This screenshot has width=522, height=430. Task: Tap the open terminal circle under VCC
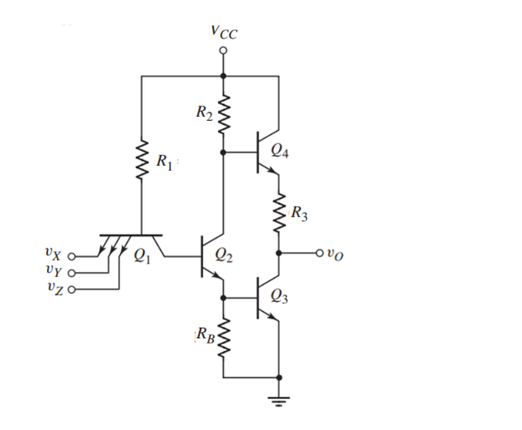(224, 51)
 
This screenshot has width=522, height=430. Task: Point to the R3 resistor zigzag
(279, 213)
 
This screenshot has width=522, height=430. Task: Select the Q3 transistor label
(280, 298)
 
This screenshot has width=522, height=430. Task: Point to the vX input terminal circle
(72, 256)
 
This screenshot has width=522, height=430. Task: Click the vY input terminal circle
(72, 272)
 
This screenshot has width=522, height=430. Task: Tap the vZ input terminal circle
(72, 289)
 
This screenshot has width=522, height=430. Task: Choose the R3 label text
(298, 214)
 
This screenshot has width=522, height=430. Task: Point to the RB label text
(205, 335)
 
